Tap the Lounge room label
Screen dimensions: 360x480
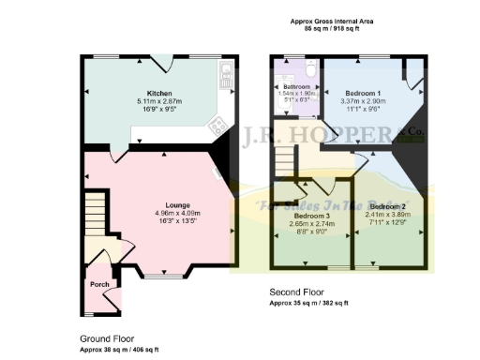click(178, 204)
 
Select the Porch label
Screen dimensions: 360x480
click(98, 283)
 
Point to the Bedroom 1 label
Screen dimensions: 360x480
click(362, 94)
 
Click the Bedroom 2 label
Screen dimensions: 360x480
click(386, 205)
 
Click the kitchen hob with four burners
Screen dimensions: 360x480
click(217, 123)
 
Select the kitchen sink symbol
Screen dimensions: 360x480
click(225, 77)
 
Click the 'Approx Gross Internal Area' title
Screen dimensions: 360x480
click(332, 20)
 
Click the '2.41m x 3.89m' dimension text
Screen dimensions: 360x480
click(386, 213)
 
